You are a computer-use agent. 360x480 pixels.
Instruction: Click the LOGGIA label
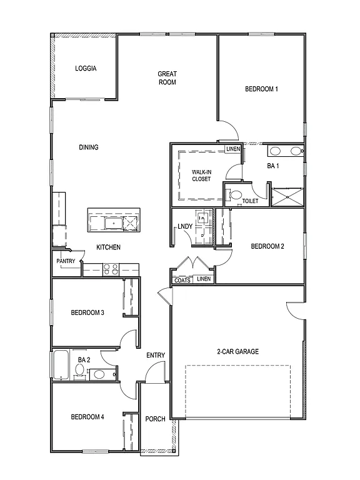[x=86, y=69]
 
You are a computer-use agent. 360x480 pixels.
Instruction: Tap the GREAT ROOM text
[x=167, y=78]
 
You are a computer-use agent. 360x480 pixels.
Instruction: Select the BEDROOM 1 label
[x=261, y=89]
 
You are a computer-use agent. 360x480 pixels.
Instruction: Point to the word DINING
[x=88, y=147]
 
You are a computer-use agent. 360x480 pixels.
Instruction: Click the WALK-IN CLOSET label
[x=201, y=175]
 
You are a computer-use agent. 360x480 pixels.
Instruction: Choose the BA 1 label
[x=272, y=166]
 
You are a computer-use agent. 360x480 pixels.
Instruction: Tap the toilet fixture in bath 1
[x=234, y=195]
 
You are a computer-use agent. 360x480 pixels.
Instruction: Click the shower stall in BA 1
[x=287, y=196]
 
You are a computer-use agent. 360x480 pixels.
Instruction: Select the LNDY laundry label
[x=185, y=226]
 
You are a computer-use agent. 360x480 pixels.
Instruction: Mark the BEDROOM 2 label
[x=267, y=246]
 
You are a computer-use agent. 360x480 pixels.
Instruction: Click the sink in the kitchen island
[x=114, y=223]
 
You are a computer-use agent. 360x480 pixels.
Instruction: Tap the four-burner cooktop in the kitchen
[x=110, y=269]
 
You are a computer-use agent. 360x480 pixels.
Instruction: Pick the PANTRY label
[x=66, y=261]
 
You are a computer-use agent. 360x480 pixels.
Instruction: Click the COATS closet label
[x=182, y=280]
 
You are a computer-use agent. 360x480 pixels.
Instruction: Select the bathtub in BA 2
[x=61, y=365]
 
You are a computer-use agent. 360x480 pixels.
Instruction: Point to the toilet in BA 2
[x=79, y=371]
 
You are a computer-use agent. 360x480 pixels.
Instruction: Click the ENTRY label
[x=156, y=356]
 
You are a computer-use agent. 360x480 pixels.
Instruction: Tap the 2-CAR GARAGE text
[x=237, y=351]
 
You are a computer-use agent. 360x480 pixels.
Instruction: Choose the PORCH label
[x=155, y=419]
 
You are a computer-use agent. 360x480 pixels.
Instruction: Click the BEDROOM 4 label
[x=87, y=417]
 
